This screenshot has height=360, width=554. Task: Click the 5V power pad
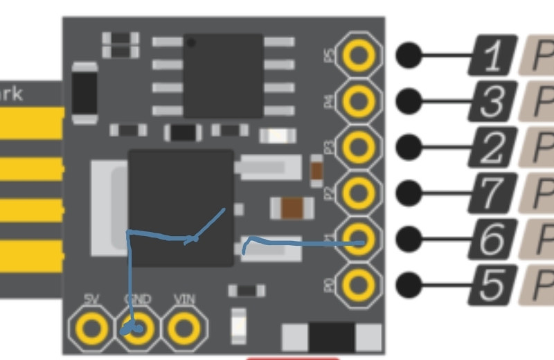pos(91,327)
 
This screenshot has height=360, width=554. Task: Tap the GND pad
pos(137,327)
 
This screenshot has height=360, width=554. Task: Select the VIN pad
pos(184,327)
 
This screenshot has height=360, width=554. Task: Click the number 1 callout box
pos(492,55)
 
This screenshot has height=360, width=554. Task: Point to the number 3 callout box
pos(492,101)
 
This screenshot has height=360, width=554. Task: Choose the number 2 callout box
pos(492,147)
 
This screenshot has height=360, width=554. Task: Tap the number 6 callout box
pos(492,238)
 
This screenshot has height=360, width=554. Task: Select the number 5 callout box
pos(492,284)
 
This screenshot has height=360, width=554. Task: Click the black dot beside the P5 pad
pos(410,55)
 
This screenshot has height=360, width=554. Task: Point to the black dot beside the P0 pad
pos(410,284)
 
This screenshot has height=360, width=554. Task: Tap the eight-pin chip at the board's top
pos(223,75)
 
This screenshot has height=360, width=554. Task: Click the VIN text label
pos(184,300)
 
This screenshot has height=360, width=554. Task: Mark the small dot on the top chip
pos(191,44)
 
